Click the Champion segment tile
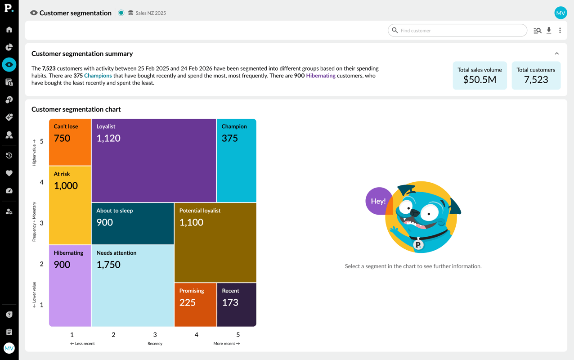tap(236, 160)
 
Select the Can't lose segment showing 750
tap(70, 142)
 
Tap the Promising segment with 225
tap(195, 304)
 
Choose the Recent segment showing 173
tap(236, 304)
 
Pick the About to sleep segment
tap(132, 223)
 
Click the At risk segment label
tap(62, 174)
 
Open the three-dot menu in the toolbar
tap(560, 31)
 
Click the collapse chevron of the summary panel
tap(557, 54)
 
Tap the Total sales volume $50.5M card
tap(480, 76)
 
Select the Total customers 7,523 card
tap(536, 76)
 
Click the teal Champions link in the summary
tap(98, 76)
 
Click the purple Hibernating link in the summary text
tap(321, 76)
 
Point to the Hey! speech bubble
tap(378, 201)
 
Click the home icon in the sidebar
tap(9, 30)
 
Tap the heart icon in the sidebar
tap(9, 173)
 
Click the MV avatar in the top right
tap(561, 13)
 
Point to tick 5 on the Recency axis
tap(238, 335)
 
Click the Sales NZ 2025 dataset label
tap(150, 13)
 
